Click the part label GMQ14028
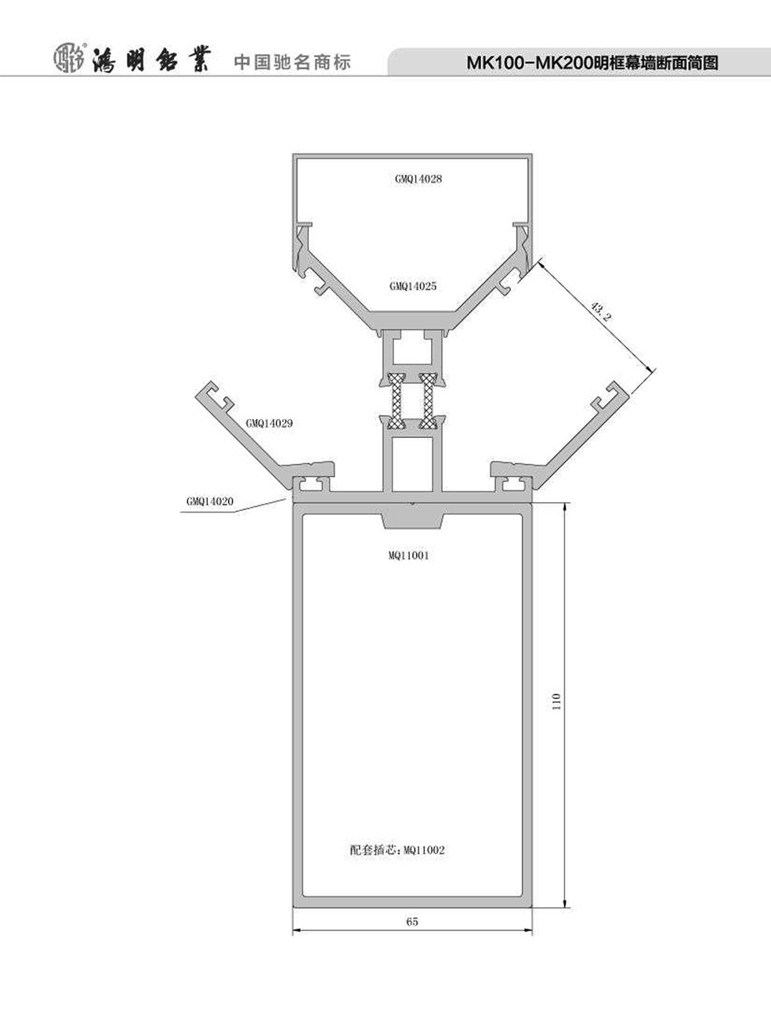pyautogui.click(x=418, y=179)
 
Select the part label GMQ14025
pyautogui.click(x=413, y=286)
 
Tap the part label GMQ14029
pyautogui.click(x=270, y=423)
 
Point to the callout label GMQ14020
pyautogui.click(x=210, y=501)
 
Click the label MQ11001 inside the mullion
pyautogui.click(x=409, y=556)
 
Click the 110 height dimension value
pyautogui.click(x=556, y=715)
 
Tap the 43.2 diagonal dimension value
pyautogui.click(x=601, y=312)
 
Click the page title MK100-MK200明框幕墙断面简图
pyautogui.click(x=592, y=63)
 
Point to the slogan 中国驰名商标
pyautogui.click(x=292, y=63)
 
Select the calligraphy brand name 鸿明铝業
pyautogui.click(x=152, y=59)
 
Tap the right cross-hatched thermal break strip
pyautogui.click(x=428, y=400)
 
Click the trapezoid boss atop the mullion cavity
pyautogui.click(x=412, y=521)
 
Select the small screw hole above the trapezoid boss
pyautogui.click(x=412, y=503)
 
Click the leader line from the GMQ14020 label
pyautogui.click(x=233, y=507)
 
